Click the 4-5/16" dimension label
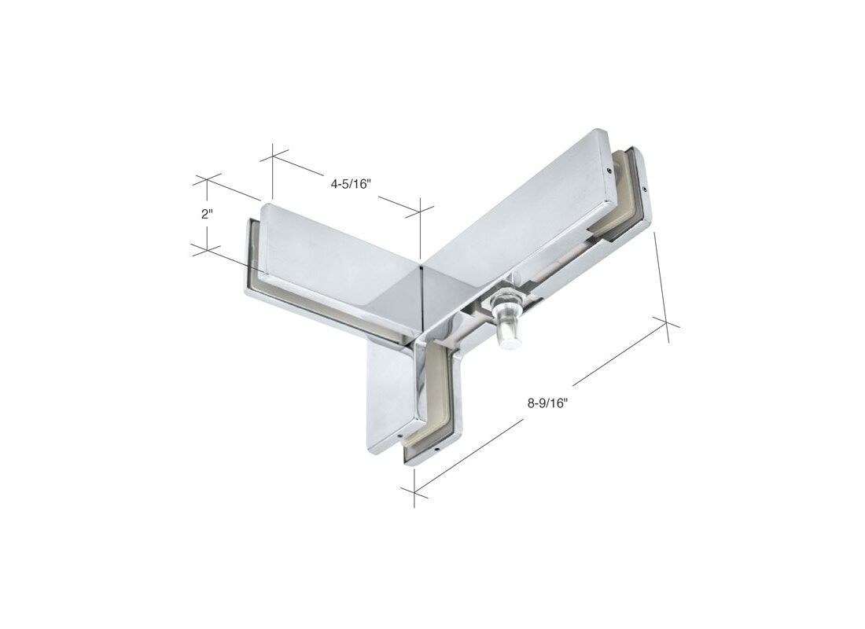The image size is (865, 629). click(349, 185)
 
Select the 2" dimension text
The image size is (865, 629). click(207, 214)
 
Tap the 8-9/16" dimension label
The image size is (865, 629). click(548, 403)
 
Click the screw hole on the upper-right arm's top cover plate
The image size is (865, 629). click(609, 170)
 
